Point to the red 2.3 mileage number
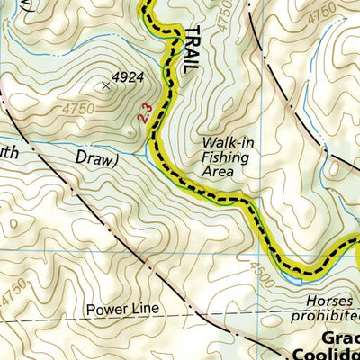point(143,114)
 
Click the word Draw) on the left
point(94,160)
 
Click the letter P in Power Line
point(91,310)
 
